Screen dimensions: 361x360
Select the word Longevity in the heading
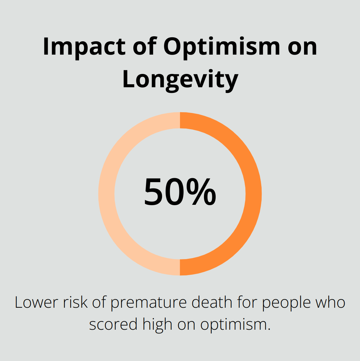coord(180,80)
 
